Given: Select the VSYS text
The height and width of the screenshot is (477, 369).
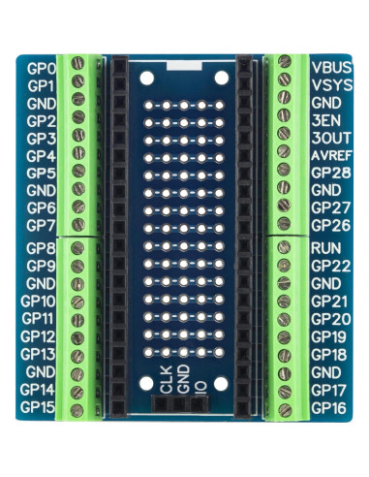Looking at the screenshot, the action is (332, 86).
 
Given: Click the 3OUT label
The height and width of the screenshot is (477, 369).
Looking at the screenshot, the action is (330, 137).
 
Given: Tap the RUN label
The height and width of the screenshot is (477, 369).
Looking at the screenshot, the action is (324, 248).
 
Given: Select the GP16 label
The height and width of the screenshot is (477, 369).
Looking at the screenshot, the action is (330, 408).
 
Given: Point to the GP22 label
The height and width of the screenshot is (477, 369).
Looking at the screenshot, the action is (330, 266).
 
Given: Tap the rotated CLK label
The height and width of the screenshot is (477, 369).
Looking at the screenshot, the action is (166, 382).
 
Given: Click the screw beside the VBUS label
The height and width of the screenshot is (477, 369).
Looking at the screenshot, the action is (286, 62).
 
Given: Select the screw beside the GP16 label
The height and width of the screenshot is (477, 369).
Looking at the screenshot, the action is (286, 408).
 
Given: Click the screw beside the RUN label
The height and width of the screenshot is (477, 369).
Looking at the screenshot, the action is (286, 248).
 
